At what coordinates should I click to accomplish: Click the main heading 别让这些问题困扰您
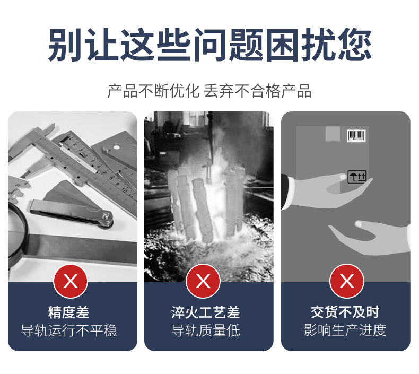[x=210, y=45]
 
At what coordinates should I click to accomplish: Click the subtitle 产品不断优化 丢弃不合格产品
[x=210, y=91]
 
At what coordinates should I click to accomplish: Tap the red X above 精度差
[x=71, y=281]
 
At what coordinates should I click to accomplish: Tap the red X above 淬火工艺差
[x=203, y=281]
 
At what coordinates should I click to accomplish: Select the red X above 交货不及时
[x=347, y=281]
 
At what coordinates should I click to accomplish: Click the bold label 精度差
[x=68, y=312]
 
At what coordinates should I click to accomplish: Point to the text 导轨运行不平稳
[x=69, y=330]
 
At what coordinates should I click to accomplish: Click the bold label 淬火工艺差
[x=206, y=312]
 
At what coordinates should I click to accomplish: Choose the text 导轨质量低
[x=206, y=330]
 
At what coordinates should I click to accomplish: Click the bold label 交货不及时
[x=345, y=312]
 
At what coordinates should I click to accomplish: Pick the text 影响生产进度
[x=345, y=330]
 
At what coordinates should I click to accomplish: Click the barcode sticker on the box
[x=356, y=135]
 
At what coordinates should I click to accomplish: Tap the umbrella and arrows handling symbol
[x=357, y=177]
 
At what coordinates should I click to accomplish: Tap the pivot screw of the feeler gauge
[x=107, y=216]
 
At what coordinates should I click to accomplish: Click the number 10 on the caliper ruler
[x=124, y=190]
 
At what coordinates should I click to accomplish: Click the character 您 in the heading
[x=355, y=45]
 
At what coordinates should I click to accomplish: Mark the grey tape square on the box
[x=333, y=134]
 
